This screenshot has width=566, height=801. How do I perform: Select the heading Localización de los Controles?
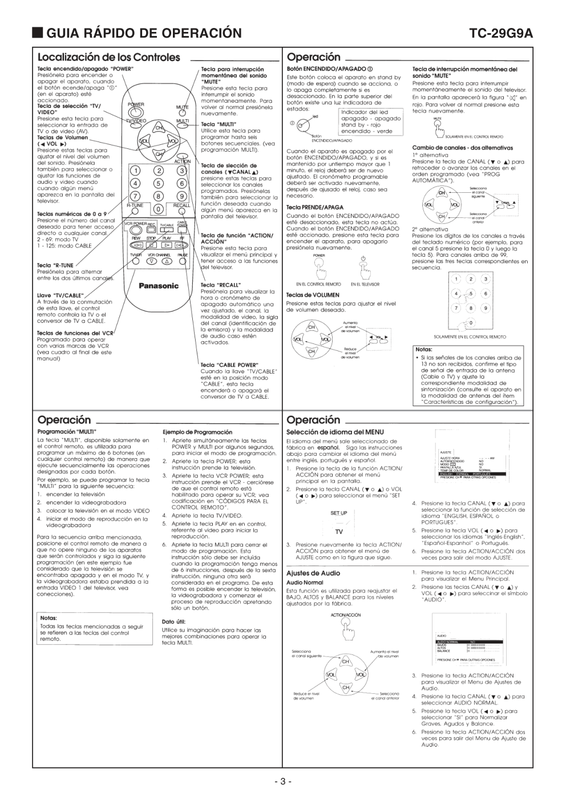108,57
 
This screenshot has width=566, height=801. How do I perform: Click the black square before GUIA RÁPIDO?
38,33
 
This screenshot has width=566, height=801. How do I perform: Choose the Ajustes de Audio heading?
313,573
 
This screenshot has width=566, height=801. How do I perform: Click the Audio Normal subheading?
305,582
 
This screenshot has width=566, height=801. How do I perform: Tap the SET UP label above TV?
338,513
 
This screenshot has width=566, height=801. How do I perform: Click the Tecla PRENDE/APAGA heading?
315,207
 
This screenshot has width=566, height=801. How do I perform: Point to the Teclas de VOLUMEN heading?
313,295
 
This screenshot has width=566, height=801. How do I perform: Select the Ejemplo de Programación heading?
197,432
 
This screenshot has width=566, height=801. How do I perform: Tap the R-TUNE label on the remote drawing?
135,205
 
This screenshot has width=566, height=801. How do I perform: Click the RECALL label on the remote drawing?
181,205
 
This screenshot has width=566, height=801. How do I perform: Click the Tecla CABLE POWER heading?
229,365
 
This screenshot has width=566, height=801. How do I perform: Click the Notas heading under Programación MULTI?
48,617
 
